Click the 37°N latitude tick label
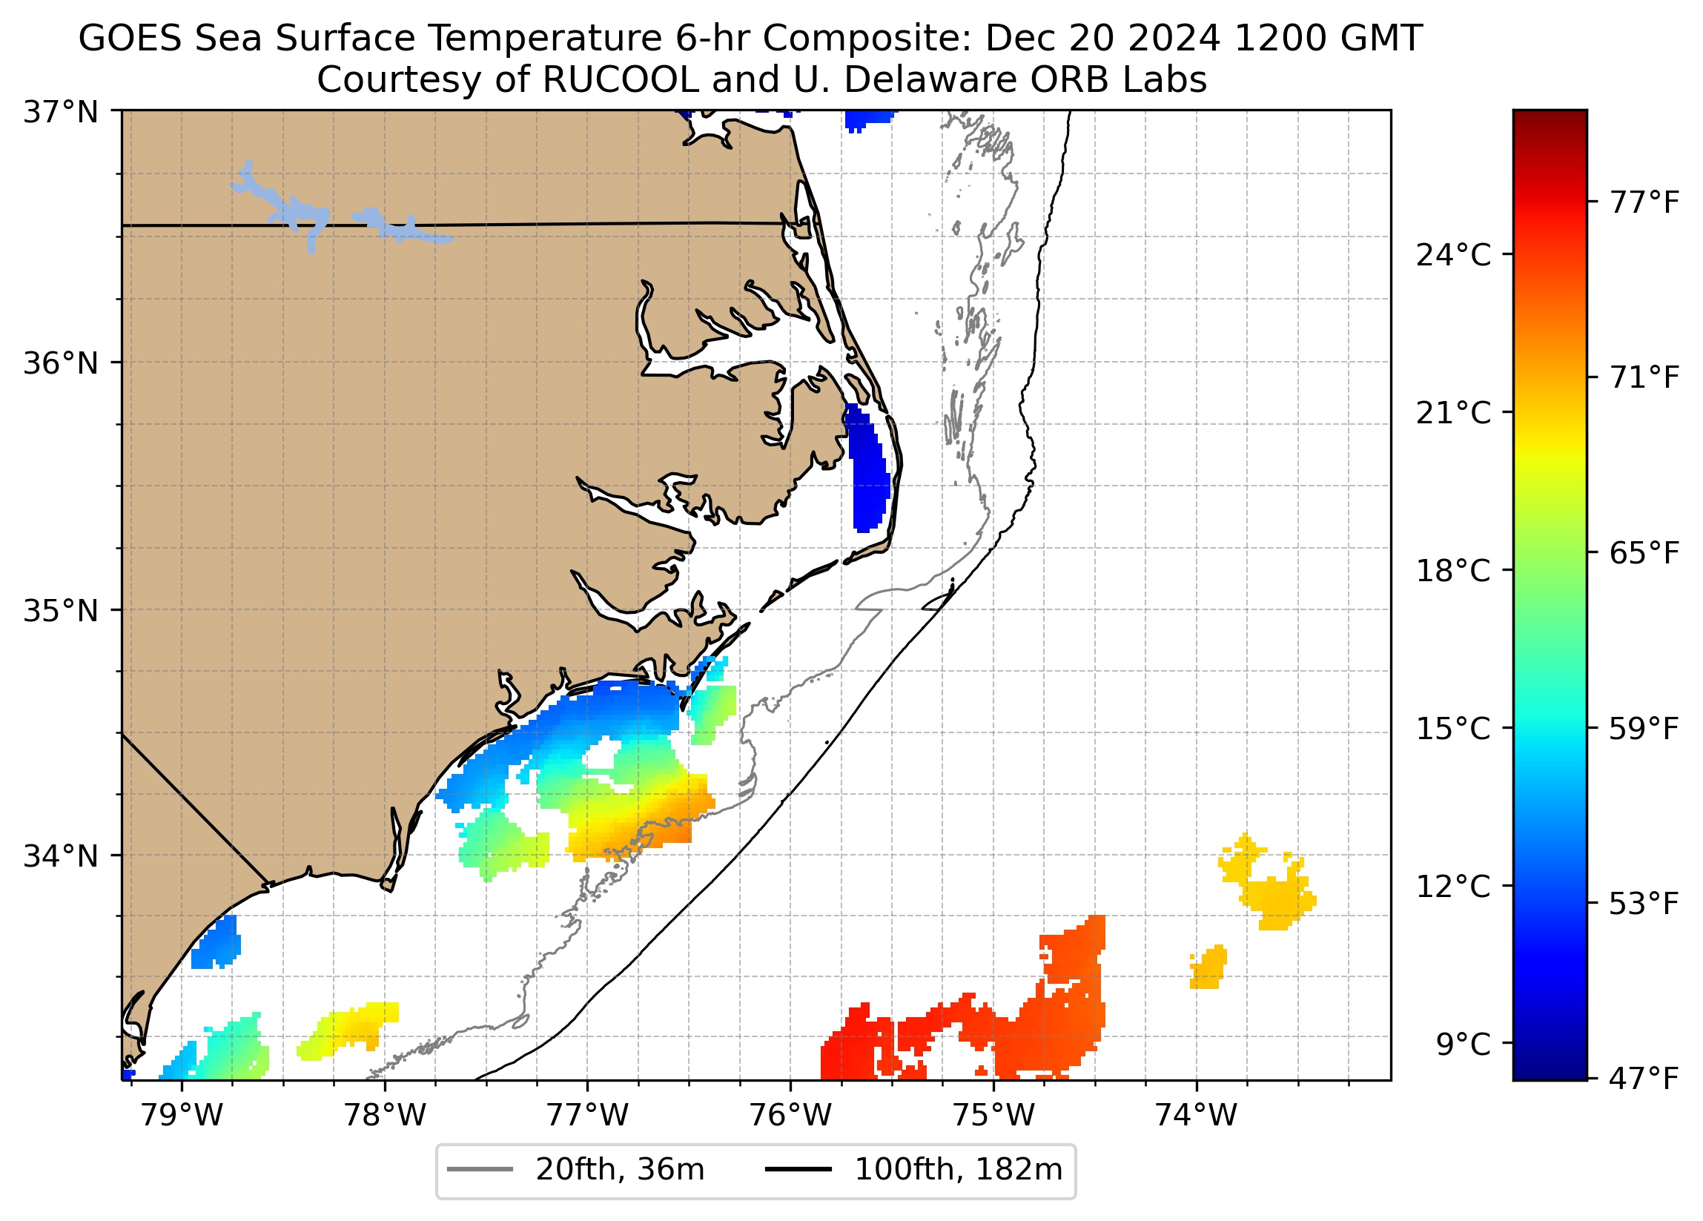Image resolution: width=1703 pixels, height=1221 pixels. click(61, 113)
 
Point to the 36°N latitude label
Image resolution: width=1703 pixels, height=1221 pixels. click(61, 363)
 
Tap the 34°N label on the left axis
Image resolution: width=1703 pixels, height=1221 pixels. click(61, 856)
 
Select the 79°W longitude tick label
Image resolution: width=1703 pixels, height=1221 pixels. click(182, 1116)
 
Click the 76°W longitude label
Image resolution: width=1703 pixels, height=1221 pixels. click(790, 1116)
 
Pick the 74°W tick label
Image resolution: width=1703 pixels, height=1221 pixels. click(1195, 1116)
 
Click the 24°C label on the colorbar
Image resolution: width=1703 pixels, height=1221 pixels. click(1453, 256)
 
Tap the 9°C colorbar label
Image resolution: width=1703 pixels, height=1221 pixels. click(1463, 1045)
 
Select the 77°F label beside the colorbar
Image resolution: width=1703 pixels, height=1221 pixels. click(1644, 202)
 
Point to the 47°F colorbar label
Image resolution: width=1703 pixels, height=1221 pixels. click(1644, 1079)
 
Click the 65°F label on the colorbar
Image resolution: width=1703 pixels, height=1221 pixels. click(1644, 554)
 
